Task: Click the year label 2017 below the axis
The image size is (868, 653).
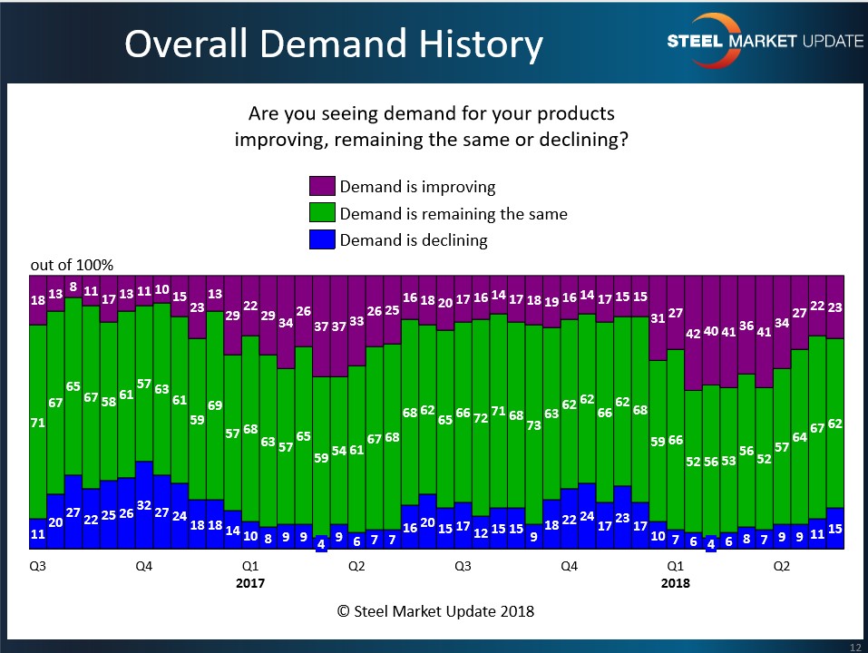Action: pyautogui.click(x=250, y=583)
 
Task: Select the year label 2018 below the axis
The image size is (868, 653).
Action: pyautogui.click(x=675, y=583)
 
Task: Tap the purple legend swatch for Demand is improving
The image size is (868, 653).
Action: pyautogui.click(x=322, y=187)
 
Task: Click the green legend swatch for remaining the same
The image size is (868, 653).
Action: pyautogui.click(x=322, y=214)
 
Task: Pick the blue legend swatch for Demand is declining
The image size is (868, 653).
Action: pyautogui.click(x=322, y=240)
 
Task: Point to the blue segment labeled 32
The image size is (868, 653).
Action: pyautogui.click(x=143, y=505)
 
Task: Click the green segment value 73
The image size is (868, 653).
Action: pyautogui.click(x=534, y=424)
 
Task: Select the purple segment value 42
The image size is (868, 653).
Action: pyautogui.click(x=693, y=333)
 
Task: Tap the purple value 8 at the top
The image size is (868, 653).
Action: pyautogui.click(x=73, y=287)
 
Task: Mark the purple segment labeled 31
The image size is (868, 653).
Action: pyautogui.click(x=658, y=317)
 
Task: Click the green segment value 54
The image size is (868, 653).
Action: pyautogui.click(x=339, y=451)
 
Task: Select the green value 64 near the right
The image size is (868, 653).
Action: pyautogui.click(x=800, y=436)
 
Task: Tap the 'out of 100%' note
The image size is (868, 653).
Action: pyautogui.click(x=72, y=265)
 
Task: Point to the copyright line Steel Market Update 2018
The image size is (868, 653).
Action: pyautogui.click(x=435, y=611)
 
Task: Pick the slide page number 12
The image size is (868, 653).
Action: pyautogui.click(x=854, y=646)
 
